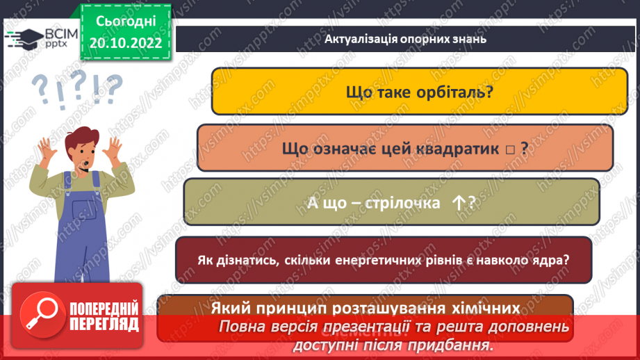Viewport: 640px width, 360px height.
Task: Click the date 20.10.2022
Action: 126,42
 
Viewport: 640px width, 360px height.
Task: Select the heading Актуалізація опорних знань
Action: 405,39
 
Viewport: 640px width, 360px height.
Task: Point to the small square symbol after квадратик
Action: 510,148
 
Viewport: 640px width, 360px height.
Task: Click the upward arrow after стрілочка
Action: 458,202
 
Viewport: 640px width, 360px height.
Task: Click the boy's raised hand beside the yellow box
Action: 114,145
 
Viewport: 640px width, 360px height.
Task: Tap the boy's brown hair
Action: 79,138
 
